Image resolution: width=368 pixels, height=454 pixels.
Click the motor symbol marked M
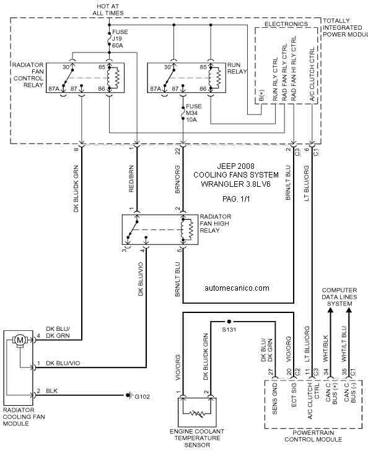[20, 340]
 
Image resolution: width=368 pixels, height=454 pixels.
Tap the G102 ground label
[142, 396]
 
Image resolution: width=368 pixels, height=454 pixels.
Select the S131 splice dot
[229, 322]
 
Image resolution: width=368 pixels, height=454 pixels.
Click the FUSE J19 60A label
[120, 39]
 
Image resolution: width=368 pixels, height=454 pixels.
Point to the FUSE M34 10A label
[194, 113]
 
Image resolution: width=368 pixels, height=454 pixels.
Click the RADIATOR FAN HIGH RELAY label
[216, 223]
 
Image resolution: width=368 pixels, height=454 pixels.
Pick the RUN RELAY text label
[237, 68]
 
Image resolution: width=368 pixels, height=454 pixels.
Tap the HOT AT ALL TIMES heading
[108, 9]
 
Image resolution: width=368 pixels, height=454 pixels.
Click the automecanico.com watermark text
[237, 288]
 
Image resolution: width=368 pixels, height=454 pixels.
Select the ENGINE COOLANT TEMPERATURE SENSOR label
[197, 438]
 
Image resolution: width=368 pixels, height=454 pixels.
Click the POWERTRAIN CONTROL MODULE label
[313, 436]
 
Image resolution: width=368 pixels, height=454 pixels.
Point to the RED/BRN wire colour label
[131, 179]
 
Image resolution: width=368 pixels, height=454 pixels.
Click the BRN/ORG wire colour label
[177, 179]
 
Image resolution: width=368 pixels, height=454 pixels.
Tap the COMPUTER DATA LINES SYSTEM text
[340, 297]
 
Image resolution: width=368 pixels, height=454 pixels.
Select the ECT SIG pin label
[294, 395]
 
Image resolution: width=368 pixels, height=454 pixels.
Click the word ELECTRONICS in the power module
[286, 24]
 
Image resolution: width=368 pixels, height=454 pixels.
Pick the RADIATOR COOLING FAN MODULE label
[24, 417]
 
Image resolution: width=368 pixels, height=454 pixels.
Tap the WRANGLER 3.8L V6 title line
[236, 184]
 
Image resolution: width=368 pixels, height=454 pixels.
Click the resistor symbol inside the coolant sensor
[196, 414]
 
